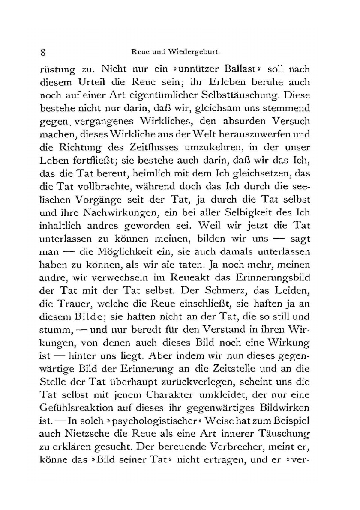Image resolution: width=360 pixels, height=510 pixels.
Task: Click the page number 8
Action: (x=42, y=54)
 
